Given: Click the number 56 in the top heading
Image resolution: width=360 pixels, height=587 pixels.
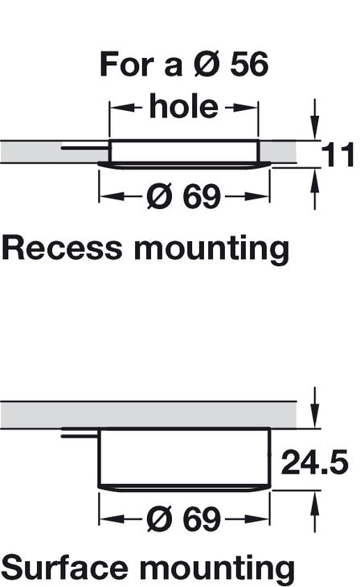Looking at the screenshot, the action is tap(249, 64).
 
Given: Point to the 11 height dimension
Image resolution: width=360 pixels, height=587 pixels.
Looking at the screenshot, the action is tap(337, 154).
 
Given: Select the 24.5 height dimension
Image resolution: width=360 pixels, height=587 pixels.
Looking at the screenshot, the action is tap(315, 462).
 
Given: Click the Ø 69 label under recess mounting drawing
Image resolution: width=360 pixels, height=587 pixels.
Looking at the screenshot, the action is tap(184, 196).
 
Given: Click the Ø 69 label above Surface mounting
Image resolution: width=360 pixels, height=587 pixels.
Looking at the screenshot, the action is tap(184, 519).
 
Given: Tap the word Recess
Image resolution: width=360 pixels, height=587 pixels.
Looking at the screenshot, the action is tap(62, 248).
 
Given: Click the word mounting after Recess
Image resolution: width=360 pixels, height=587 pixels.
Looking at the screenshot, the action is tap(212, 250).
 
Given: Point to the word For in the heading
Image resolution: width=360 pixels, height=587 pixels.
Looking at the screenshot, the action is tap(127, 64).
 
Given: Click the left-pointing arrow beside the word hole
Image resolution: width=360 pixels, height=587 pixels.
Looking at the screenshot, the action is tap(125, 108).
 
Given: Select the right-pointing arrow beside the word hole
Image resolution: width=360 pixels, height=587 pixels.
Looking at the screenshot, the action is tap(242, 108).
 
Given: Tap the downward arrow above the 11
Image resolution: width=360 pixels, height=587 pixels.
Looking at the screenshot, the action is tap(316, 119).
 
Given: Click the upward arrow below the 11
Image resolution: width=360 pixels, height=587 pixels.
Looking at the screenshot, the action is tap(316, 189).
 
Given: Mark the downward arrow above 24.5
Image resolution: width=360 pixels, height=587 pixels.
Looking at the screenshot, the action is tap(316, 408).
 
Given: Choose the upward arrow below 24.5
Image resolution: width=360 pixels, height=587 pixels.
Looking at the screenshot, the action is tap(316, 511).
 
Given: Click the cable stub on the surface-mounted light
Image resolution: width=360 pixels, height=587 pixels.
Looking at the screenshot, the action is tap(80, 436).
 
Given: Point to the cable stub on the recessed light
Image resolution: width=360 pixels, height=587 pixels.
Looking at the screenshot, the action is tap(86, 149).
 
